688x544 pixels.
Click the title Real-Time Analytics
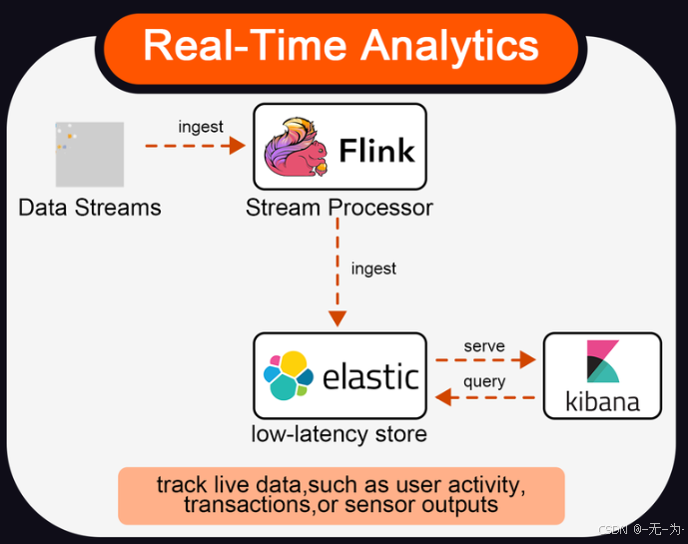pyautogui.click(x=341, y=47)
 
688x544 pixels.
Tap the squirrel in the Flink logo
pyautogui.click(x=296, y=149)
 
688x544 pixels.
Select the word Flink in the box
pyautogui.click(x=376, y=151)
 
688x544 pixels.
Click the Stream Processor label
pyautogui.click(x=340, y=208)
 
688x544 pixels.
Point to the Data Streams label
pyautogui.click(x=90, y=208)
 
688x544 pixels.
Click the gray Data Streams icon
pyautogui.click(x=90, y=155)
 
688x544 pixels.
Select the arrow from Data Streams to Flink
pyautogui.click(x=195, y=146)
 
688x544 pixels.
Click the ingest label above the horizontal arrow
pyautogui.click(x=201, y=127)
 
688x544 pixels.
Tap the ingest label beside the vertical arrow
pyautogui.click(x=373, y=269)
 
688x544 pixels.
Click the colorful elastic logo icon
pyautogui.click(x=286, y=376)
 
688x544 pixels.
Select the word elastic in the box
pyautogui.click(x=370, y=376)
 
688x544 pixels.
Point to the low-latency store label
pyautogui.click(x=340, y=434)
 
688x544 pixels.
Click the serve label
pyautogui.click(x=484, y=345)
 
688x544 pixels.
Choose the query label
pyautogui.click(x=484, y=381)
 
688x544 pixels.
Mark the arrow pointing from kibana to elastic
pyautogui.click(x=486, y=397)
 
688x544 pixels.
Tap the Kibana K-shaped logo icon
pyautogui.click(x=602, y=361)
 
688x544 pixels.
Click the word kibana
pyautogui.click(x=602, y=403)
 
